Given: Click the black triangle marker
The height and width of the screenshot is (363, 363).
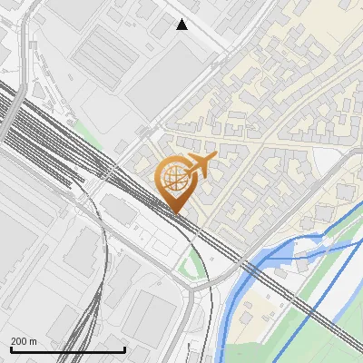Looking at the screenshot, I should click(182, 25).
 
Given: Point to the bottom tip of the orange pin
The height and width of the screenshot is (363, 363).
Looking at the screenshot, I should click(175, 214).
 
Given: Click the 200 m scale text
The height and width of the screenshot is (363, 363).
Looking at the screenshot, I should click(24, 340).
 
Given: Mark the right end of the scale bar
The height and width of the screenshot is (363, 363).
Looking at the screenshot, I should click(124, 349).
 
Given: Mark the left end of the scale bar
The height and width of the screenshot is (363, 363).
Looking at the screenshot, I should click(10, 349).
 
